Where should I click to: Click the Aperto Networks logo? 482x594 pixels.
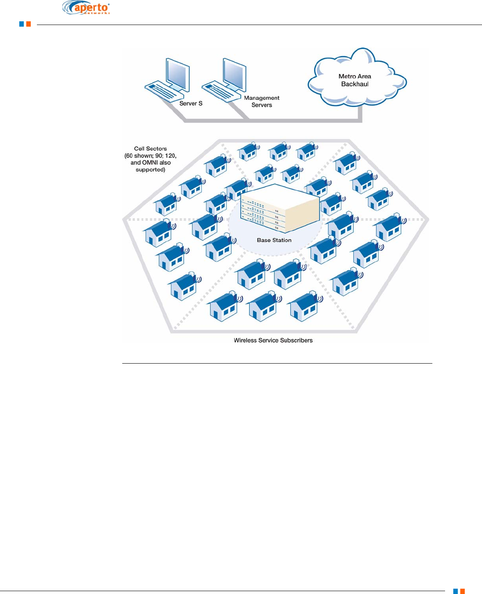[x=86, y=8]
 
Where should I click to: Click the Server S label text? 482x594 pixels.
[x=191, y=103]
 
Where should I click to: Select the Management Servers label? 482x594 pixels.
[x=262, y=101]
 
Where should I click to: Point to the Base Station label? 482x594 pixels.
[x=274, y=240]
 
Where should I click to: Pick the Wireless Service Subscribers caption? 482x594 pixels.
[x=273, y=340]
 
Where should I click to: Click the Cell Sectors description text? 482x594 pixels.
[x=151, y=159]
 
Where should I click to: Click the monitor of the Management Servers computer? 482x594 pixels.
[x=235, y=75]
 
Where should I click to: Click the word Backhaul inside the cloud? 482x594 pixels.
[x=355, y=84]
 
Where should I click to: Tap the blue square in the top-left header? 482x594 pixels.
[x=22, y=24]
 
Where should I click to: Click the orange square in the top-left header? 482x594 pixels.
[x=29, y=24]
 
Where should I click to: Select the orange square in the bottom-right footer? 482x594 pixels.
[x=462, y=591]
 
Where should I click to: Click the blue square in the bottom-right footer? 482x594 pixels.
[x=455, y=591]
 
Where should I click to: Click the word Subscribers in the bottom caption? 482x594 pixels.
[x=296, y=340]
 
